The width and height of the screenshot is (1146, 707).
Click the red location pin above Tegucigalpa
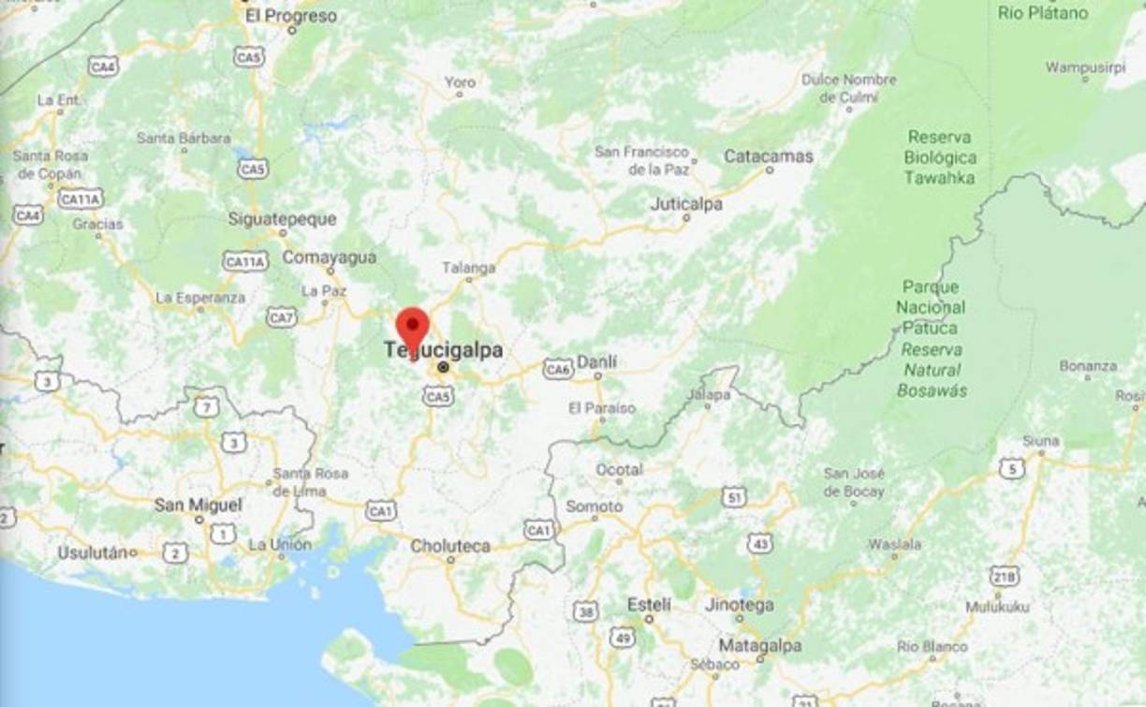tap(412, 328)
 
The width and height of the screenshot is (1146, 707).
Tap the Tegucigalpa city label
tap(444, 351)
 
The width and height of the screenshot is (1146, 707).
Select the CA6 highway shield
tap(558, 369)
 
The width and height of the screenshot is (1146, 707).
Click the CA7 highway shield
tap(281, 317)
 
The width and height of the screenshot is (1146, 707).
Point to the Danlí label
tap(597, 361)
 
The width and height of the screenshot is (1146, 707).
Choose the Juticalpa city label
tap(686, 203)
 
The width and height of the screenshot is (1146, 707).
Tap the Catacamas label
tap(768, 156)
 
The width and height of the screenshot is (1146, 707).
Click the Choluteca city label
tap(450, 545)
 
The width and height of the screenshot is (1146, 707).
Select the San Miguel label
tap(198, 505)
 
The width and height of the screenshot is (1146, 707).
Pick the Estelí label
tap(649, 605)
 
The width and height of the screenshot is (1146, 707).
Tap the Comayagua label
tap(330, 258)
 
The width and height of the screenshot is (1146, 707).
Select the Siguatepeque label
tap(282, 219)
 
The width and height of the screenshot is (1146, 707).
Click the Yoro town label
tap(460, 82)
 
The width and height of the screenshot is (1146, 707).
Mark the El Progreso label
tap(290, 16)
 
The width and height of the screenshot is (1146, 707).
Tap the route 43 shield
tap(760, 543)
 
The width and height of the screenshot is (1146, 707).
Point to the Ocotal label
tap(619, 469)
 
